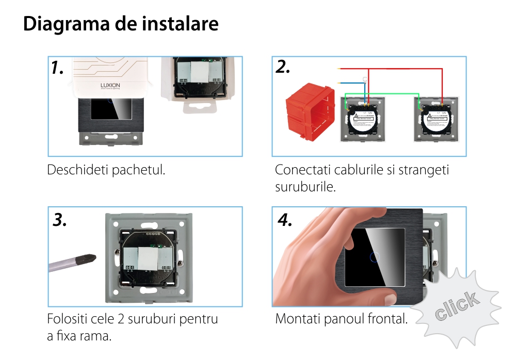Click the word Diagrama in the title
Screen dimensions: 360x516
64,24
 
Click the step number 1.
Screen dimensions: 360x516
58,68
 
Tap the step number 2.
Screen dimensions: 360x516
283,67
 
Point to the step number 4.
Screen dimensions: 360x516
285,220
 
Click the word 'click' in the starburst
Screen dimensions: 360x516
456,306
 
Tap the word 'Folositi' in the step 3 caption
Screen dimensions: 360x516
68,319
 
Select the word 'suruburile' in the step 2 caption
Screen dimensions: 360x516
305,187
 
